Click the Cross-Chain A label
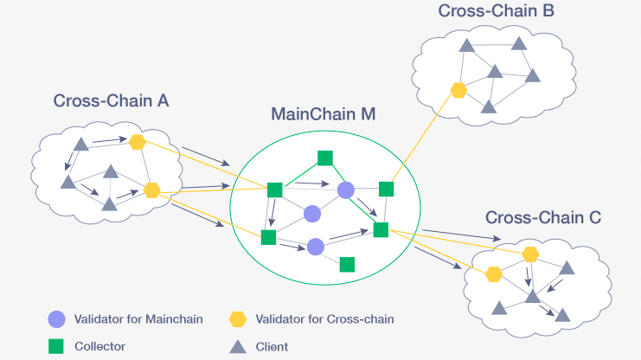(x=111, y=100)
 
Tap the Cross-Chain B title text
(x=496, y=11)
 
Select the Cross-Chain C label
(x=542, y=217)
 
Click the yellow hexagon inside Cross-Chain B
(x=458, y=88)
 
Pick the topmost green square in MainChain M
(x=325, y=157)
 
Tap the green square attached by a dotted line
(x=347, y=264)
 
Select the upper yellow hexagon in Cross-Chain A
(x=137, y=142)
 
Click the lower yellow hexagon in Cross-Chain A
(x=153, y=190)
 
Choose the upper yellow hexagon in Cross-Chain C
(x=530, y=254)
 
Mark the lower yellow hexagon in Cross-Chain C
(x=494, y=273)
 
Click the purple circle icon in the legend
(x=57, y=319)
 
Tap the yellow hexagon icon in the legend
(x=237, y=319)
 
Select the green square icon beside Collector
(x=57, y=346)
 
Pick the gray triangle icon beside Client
(x=237, y=346)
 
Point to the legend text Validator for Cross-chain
(x=324, y=319)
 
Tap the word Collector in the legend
(x=100, y=346)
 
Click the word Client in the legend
(x=272, y=346)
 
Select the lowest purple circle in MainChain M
(x=316, y=247)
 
